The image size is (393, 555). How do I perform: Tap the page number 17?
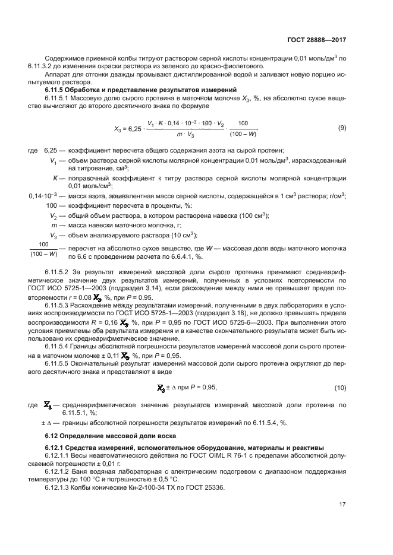click(x=342, y=505)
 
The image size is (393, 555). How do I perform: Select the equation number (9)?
click(x=341, y=128)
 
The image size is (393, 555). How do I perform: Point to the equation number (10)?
click(x=340, y=388)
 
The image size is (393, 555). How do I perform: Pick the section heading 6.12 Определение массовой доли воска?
click(x=116, y=436)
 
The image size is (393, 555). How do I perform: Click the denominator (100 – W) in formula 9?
click(x=243, y=135)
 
